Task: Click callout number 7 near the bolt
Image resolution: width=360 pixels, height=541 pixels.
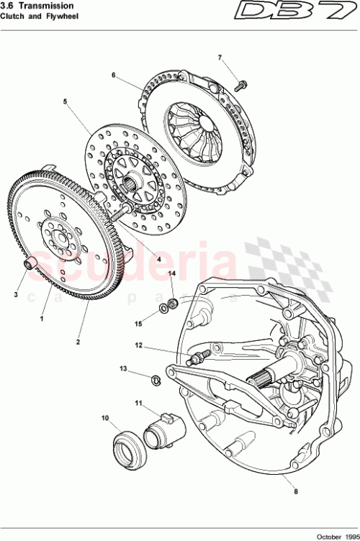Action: (x=220, y=58)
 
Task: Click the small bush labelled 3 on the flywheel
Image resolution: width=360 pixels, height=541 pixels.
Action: (x=31, y=266)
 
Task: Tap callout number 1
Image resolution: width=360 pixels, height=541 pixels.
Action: (x=42, y=317)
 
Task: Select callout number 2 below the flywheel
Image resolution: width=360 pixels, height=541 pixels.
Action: (x=77, y=342)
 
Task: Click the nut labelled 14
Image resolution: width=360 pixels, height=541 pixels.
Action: (x=173, y=300)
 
